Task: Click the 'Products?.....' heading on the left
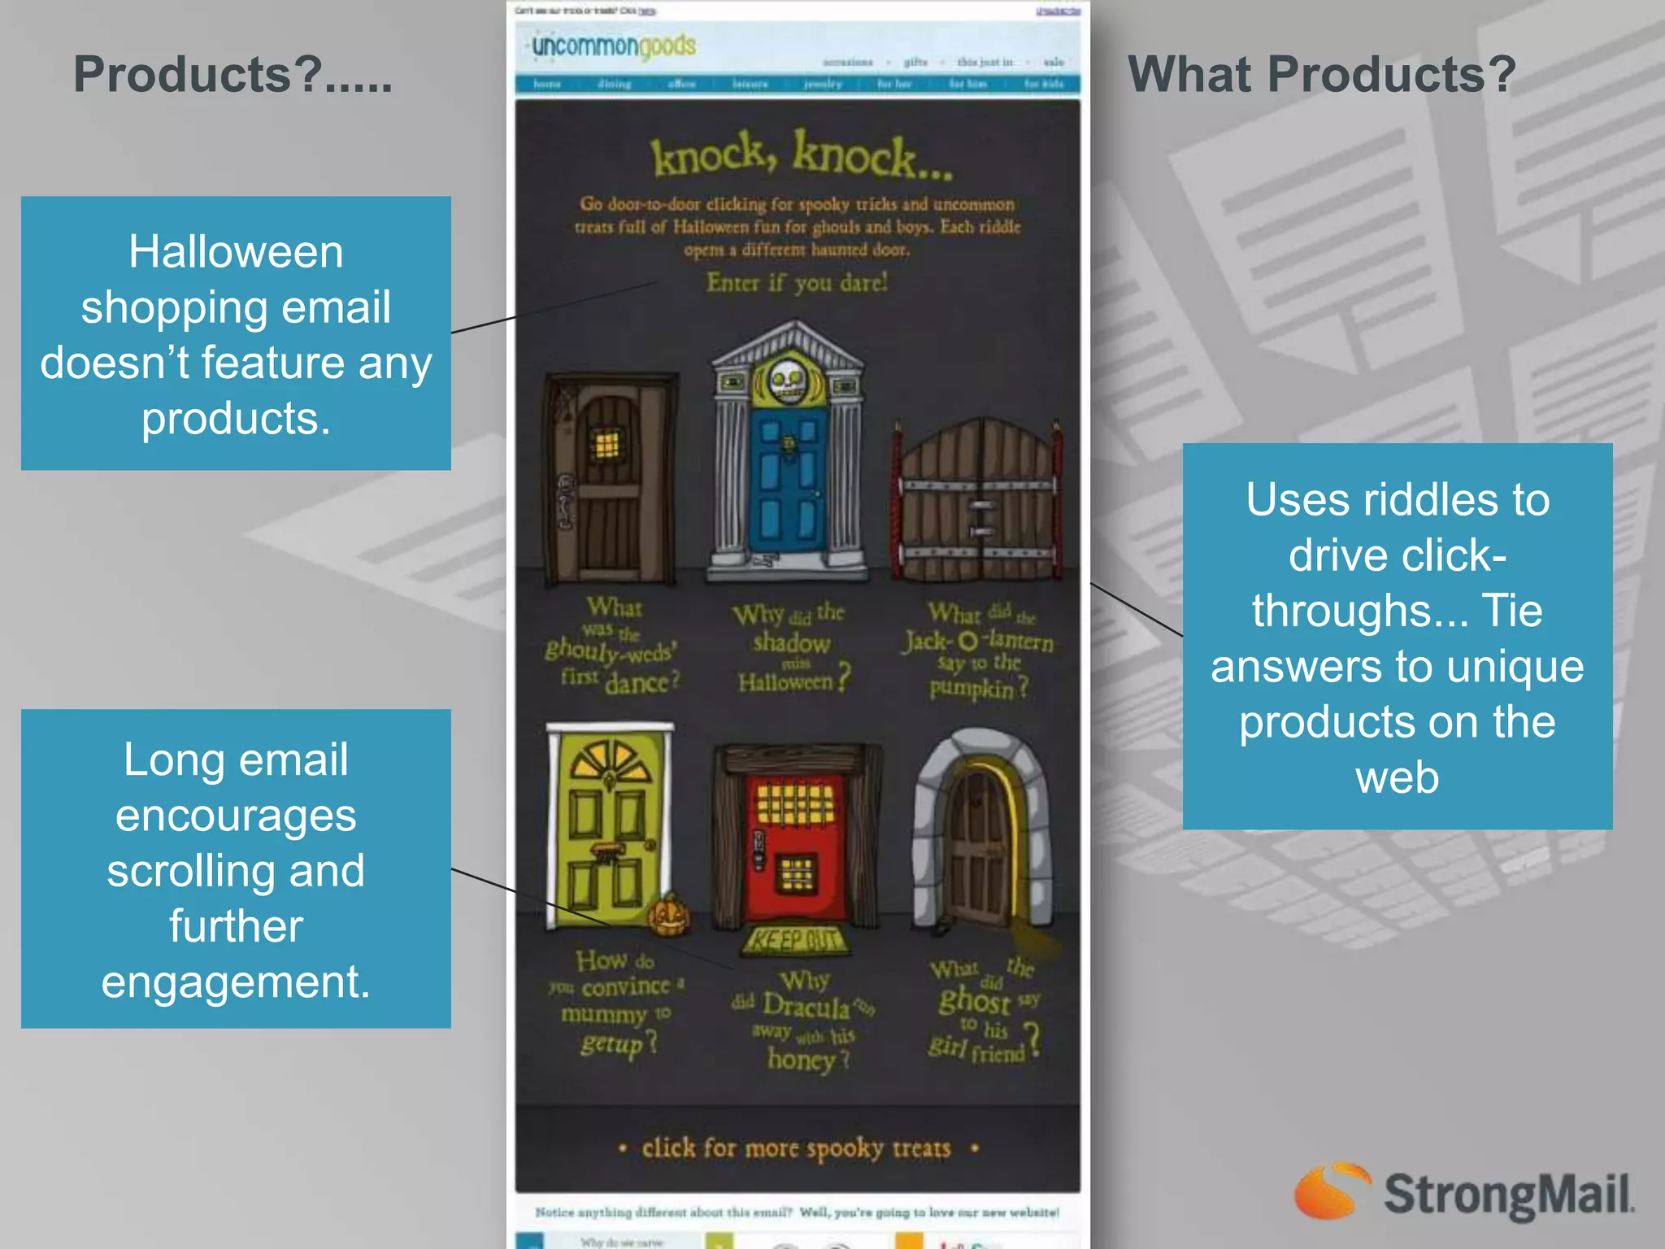(233, 75)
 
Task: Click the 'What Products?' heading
(1321, 75)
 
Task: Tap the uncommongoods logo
(614, 46)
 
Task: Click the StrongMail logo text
(1508, 1195)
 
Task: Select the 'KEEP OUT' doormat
(795, 941)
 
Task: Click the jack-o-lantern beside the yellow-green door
(669, 916)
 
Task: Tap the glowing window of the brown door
(606, 444)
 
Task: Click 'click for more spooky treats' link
(796, 1148)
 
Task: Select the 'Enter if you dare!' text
(797, 283)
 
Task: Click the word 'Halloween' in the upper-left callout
(236, 251)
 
